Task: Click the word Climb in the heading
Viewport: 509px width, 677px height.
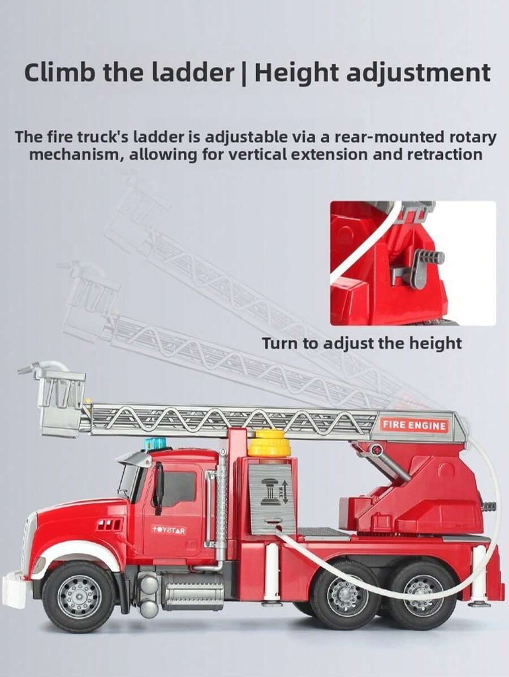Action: (59, 72)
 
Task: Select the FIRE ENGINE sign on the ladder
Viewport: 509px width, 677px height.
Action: (413, 425)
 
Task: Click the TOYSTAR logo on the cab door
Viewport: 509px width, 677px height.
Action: (168, 529)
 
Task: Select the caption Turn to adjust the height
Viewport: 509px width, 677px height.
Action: (361, 343)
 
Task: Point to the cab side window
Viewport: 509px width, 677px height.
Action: (179, 487)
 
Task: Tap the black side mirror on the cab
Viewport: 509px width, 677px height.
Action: (158, 482)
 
